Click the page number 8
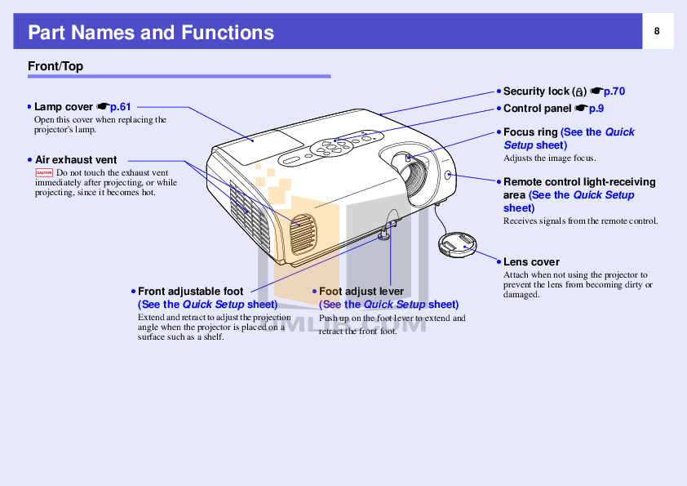point(656,31)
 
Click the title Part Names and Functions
point(151,33)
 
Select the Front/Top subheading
point(55,66)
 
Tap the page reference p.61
point(120,107)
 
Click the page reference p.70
point(614,91)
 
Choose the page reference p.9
point(596,108)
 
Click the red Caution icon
point(44,173)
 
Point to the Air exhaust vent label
point(75,160)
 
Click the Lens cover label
point(531,262)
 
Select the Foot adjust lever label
point(361,292)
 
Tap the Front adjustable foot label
point(190,292)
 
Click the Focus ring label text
point(530,132)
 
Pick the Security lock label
point(536,91)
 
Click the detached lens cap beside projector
point(459,244)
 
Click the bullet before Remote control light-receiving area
point(498,182)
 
